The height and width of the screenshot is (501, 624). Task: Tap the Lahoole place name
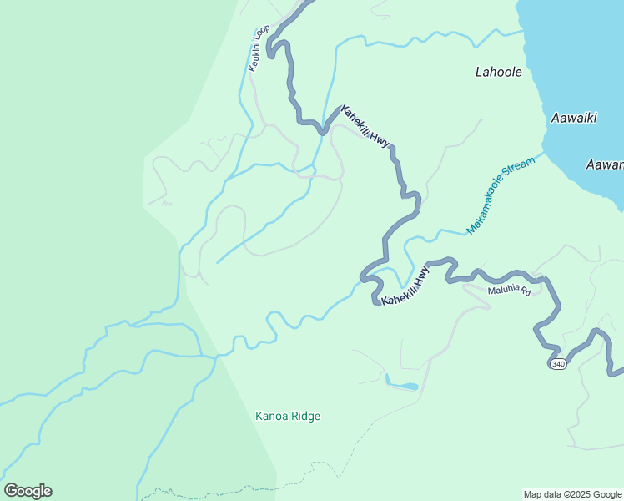(x=499, y=73)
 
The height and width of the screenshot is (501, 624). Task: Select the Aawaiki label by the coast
(x=574, y=119)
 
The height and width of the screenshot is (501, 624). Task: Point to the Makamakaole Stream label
(x=500, y=198)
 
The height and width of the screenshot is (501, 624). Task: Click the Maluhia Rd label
(x=510, y=290)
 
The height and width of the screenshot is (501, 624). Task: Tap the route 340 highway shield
(x=558, y=363)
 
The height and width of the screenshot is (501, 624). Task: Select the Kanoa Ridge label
(x=288, y=416)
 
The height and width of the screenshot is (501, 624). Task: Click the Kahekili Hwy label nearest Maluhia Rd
(x=405, y=286)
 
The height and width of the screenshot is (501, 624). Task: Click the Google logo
(x=28, y=491)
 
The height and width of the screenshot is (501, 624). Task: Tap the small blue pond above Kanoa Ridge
(x=402, y=386)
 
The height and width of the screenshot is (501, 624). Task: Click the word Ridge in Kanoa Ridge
(x=305, y=416)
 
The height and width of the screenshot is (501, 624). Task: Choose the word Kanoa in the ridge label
(x=271, y=416)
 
